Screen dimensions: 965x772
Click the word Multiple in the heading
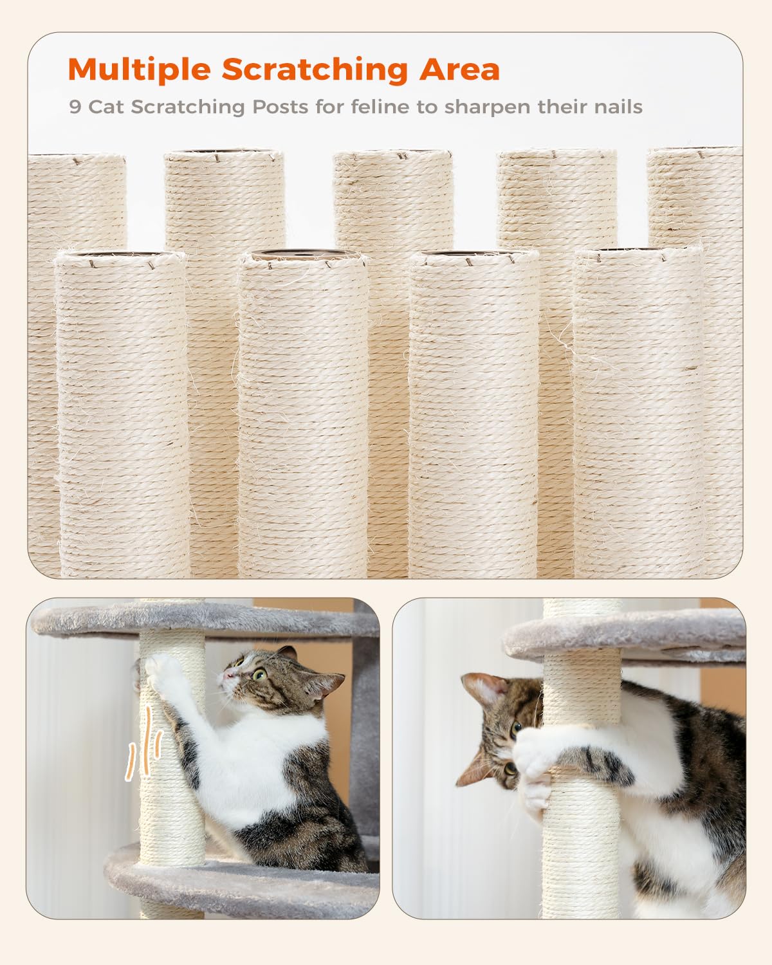point(139,69)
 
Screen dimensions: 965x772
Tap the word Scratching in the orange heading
point(315,69)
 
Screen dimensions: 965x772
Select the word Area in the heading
point(459,69)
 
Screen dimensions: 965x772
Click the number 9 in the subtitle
point(75,107)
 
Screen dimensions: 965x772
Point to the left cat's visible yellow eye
point(259,674)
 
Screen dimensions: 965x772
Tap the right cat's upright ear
point(481,688)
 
